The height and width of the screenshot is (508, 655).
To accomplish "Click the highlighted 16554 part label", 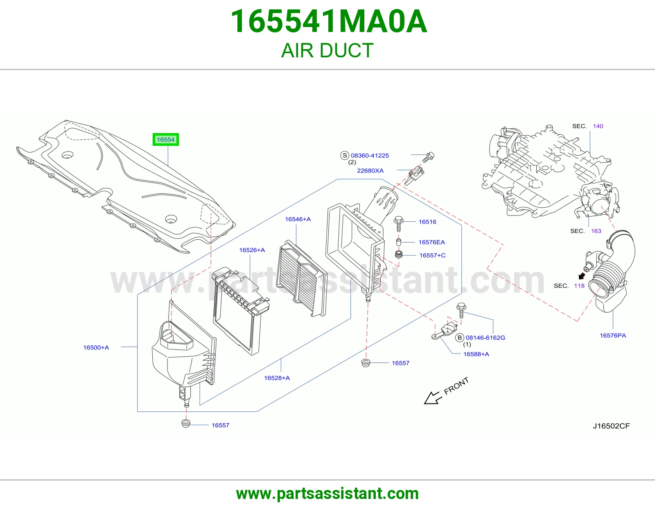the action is click(165, 139).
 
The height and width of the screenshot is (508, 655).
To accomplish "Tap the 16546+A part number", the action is click(298, 219).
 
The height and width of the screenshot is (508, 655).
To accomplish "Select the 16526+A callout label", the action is click(252, 250).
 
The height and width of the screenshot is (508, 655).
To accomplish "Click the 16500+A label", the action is click(96, 347).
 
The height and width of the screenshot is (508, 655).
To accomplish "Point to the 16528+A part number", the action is click(277, 378).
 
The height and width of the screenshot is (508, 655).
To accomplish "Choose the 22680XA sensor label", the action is click(370, 170).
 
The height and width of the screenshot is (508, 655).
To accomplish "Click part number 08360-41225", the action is click(370, 155).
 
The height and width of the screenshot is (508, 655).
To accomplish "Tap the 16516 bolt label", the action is click(427, 222).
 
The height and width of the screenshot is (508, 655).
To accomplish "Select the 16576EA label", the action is click(431, 242).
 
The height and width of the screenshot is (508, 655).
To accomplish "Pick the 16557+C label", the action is click(433, 255).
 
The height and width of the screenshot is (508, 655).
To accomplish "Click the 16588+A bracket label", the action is click(476, 354).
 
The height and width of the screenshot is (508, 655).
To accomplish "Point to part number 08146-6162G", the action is click(485, 338).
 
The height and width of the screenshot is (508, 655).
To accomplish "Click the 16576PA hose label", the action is click(613, 335).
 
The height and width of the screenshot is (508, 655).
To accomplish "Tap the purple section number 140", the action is click(598, 126).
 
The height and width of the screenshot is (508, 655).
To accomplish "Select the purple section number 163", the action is click(596, 231).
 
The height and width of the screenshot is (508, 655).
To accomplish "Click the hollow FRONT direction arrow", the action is click(433, 398).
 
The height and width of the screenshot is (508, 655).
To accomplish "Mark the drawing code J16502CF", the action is click(611, 426).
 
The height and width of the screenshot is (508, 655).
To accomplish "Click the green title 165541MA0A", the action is click(329, 21).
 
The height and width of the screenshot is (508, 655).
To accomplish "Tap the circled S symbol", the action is click(345, 155).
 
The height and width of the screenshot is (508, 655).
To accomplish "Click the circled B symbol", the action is click(459, 338).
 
